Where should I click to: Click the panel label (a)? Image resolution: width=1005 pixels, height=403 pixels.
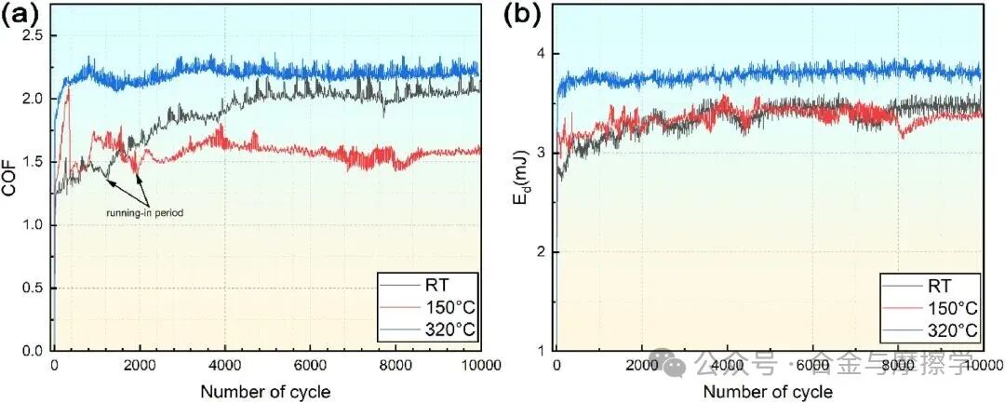tap(20, 15)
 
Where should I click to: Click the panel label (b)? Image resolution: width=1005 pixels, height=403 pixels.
tap(521, 15)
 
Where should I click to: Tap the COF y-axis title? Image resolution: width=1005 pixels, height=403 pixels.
tap(10, 177)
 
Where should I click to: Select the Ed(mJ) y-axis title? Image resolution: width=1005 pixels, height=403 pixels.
tap(518, 177)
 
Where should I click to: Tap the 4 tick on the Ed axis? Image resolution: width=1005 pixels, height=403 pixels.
tap(542, 54)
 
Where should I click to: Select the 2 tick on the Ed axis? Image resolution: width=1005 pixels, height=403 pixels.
tap(542, 252)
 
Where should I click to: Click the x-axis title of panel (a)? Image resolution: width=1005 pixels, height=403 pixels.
tap(265, 391)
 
